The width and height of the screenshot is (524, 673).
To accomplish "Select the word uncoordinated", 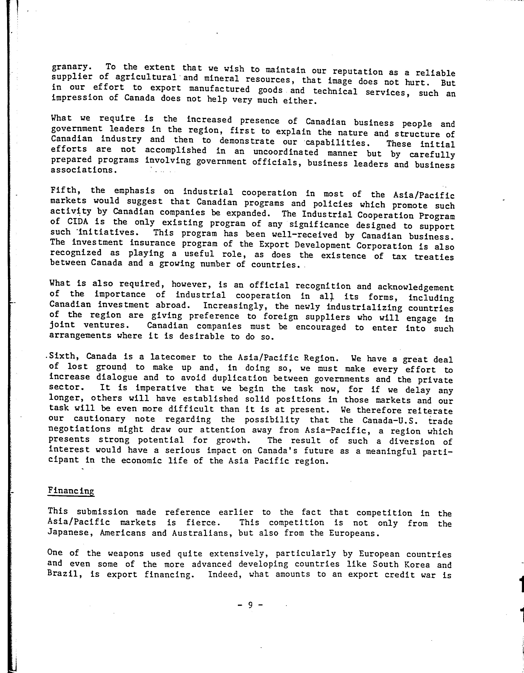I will (x=285, y=152).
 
